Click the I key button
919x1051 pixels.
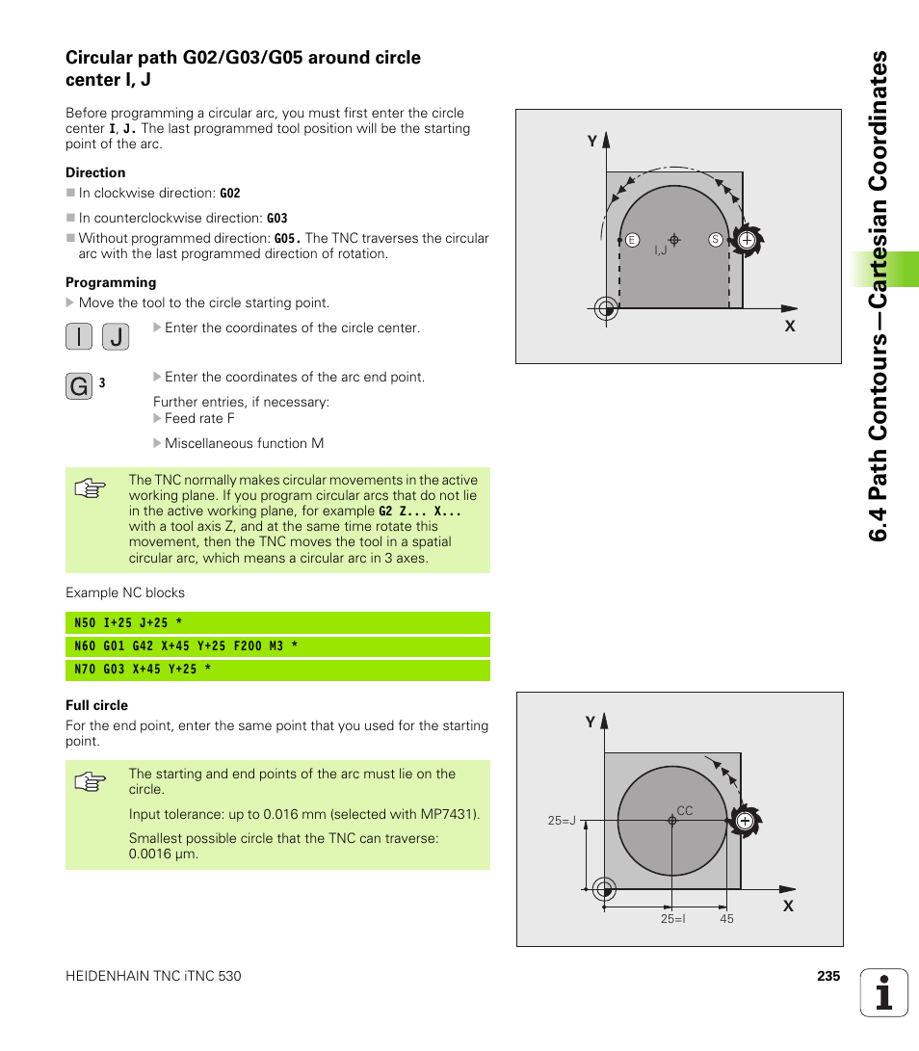79,337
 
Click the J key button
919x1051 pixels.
115,337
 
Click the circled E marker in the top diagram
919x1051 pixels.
632,239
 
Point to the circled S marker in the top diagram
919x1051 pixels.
715,239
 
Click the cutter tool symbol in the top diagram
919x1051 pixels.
747,240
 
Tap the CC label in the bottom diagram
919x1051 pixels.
684,811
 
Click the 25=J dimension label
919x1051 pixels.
562,821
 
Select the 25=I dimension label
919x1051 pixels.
672,919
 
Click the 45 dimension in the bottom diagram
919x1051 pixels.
726,919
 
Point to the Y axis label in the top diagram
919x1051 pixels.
593,142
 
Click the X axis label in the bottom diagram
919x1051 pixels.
788,906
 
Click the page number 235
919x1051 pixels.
828,976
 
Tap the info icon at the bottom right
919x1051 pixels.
884,992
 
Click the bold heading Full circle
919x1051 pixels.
96,705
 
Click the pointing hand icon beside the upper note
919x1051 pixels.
90,488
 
